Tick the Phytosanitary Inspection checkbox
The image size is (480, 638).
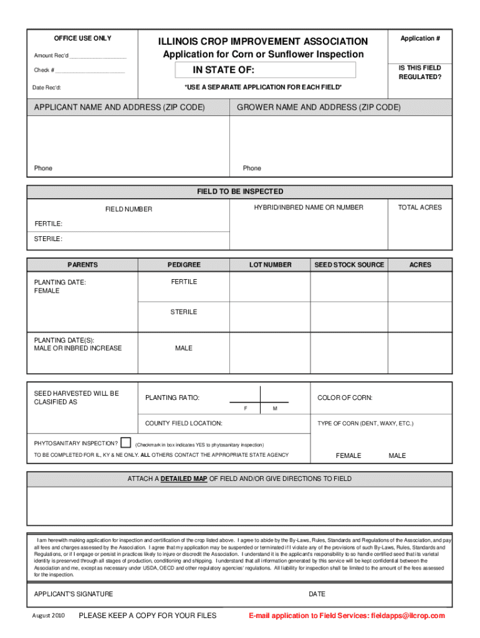click(126, 443)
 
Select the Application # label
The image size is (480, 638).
click(420, 39)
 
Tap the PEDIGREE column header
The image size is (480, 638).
click(184, 265)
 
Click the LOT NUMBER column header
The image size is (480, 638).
click(270, 265)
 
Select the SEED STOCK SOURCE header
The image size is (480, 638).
click(349, 265)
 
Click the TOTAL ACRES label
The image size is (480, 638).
click(420, 207)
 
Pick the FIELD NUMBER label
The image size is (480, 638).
click(128, 209)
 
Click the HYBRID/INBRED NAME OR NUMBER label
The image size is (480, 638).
click(308, 207)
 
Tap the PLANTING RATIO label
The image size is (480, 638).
click(172, 398)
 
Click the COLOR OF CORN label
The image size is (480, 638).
click(345, 398)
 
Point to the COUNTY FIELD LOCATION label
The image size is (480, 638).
click(183, 424)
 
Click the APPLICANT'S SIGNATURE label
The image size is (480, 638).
click(74, 594)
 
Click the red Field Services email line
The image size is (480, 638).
click(346, 616)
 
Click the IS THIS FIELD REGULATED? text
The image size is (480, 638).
click(420, 72)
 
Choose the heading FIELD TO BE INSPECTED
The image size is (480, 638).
click(240, 191)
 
